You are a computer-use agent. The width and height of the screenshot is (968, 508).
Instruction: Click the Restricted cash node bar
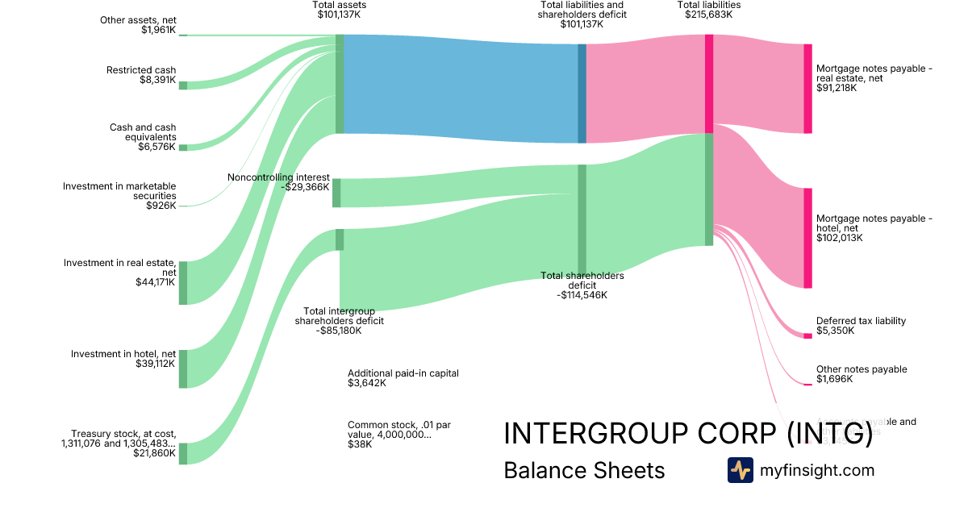(x=182, y=85)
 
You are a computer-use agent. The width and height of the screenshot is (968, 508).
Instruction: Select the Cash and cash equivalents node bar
(x=182, y=148)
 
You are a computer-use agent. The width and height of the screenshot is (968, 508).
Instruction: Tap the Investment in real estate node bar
(x=182, y=283)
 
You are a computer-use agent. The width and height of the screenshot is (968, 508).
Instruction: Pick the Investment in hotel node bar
(x=182, y=369)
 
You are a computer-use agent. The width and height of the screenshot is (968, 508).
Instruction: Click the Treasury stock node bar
(x=182, y=453)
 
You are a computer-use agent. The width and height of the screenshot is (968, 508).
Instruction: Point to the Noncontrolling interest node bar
(x=336, y=193)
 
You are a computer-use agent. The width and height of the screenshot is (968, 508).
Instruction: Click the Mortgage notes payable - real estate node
(x=807, y=89)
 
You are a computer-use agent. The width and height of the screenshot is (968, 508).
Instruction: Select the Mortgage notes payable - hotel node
(x=807, y=238)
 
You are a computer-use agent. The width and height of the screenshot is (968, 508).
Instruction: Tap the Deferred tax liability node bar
(x=807, y=335)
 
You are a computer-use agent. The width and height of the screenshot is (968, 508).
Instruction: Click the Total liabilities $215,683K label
(x=709, y=10)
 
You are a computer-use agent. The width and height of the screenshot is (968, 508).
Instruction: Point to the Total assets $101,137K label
(x=339, y=10)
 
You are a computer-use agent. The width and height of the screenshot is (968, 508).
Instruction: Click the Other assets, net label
(x=138, y=25)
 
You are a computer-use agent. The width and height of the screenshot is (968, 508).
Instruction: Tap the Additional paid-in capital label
(x=403, y=378)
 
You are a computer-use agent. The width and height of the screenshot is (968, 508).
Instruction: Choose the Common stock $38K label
(x=390, y=434)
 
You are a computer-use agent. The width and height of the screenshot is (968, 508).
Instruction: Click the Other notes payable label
(x=862, y=374)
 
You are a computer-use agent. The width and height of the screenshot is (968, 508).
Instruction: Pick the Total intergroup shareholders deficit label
(x=339, y=320)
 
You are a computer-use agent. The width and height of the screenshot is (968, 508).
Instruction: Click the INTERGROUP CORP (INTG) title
(x=688, y=434)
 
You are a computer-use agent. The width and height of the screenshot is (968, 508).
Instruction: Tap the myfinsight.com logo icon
(x=740, y=470)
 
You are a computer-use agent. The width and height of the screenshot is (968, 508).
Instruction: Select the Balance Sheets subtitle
(x=584, y=471)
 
